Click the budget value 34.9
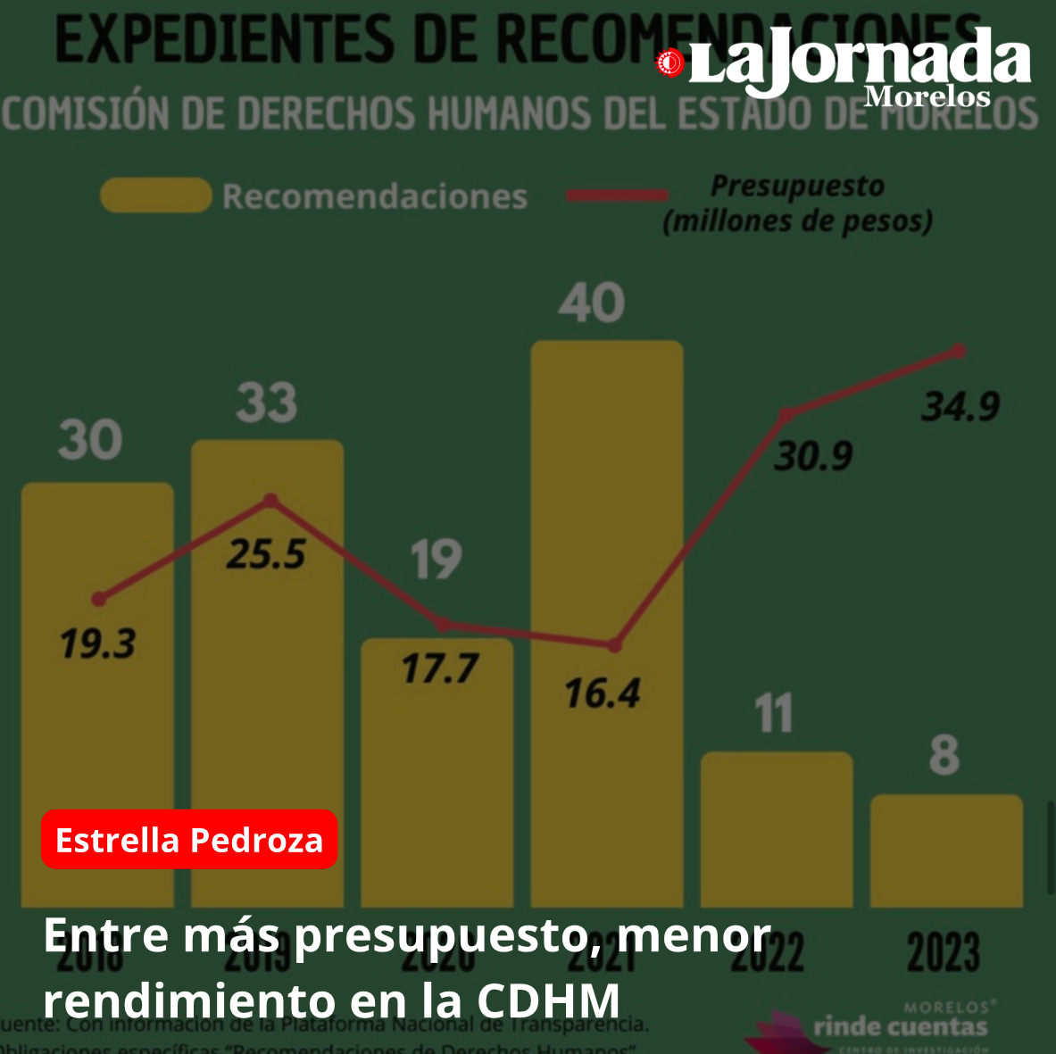(960, 408)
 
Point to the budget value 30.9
(813, 456)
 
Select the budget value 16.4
(603, 693)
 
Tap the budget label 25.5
(266, 555)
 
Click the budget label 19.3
(97, 643)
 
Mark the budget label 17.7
(439, 668)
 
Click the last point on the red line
(959, 351)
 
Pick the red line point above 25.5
(271, 501)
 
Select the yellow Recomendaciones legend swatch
(155, 195)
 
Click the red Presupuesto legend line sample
(617, 195)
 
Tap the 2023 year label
(944, 953)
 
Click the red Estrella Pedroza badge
(189, 840)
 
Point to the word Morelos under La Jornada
(927, 95)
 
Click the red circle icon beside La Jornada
(669, 62)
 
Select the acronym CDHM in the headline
(548, 1000)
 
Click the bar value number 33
(267, 403)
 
